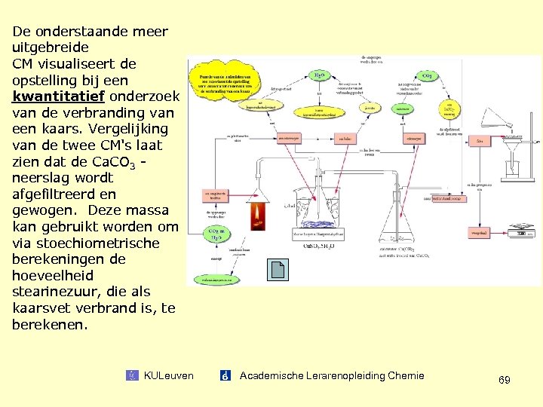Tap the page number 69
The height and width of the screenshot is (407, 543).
click(x=504, y=380)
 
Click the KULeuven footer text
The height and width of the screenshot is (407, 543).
click(x=168, y=375)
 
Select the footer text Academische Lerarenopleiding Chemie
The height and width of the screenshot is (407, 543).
click(x=332, y=375)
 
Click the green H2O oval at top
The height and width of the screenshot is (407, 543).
click(x=320, y=75)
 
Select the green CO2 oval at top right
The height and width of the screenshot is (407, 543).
click(x=426, y=76)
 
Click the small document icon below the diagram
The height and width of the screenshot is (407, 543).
click(x=277, y=270)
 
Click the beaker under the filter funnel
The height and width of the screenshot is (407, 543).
click(x=511, y=167)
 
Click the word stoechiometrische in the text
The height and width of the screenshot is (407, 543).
click(x=86, y=243)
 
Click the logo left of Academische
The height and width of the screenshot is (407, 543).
click(x=225, y=375)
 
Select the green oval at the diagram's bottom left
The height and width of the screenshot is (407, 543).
click(x=216, y=279)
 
